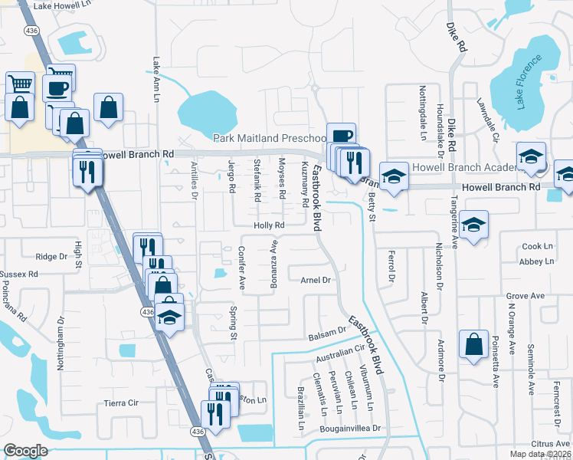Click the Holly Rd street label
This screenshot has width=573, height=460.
(270, 225)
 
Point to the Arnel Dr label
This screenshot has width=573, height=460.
(315, 281)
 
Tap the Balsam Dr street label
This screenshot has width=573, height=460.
(327, 337)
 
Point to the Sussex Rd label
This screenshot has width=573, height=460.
(19, 274)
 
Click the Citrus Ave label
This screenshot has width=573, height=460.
(551, 443)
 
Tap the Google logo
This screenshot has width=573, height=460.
(25, 451)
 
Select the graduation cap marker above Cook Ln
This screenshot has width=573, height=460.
(474, 225)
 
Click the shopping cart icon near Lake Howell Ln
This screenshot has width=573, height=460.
(20, 84)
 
